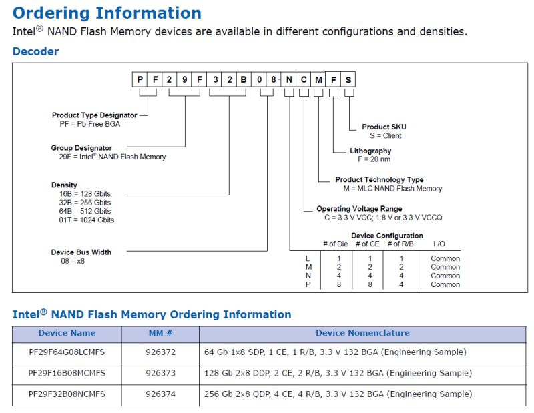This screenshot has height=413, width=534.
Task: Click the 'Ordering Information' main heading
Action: coord(107,13)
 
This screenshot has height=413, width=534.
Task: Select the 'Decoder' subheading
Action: coord(35,51)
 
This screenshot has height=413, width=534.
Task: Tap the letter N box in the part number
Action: coord(289,80)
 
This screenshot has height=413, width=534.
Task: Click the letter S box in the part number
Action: coord(348,80)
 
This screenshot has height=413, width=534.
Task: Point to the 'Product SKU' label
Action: coord(384,127)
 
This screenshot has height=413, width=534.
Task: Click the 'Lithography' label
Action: coord(370,151)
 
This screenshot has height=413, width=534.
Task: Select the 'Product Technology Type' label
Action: coord(379,180)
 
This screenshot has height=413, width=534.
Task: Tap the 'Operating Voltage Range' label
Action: coord(360,209)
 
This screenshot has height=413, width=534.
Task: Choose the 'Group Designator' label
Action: coord(81,148)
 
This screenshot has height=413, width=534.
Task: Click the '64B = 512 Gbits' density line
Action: coord(85,211)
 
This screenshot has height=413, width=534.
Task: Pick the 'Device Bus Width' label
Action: coord(81,252)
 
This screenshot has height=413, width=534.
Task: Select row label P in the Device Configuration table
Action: coord(307,284)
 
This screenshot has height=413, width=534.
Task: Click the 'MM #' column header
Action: coord(160,333)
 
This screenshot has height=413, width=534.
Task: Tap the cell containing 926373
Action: coord(160,373)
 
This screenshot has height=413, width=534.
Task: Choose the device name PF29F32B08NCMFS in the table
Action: coord(67,394)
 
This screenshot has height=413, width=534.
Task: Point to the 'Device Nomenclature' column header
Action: coord(362,333)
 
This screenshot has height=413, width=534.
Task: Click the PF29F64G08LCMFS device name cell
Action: coord(67,352)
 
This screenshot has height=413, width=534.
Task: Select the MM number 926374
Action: coord(160,394)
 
